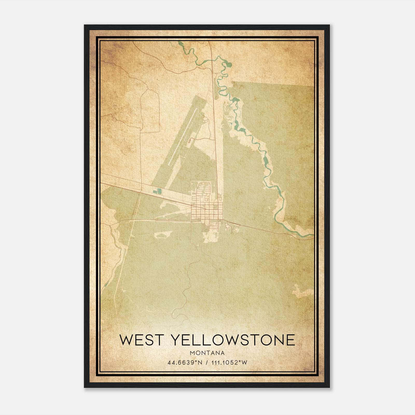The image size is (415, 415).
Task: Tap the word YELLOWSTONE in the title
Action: pos(233,340)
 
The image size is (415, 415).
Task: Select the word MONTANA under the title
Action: pos(207,353)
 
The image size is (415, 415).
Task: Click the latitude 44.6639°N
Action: pos(185,362)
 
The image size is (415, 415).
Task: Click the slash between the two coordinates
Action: pos(207,362)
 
